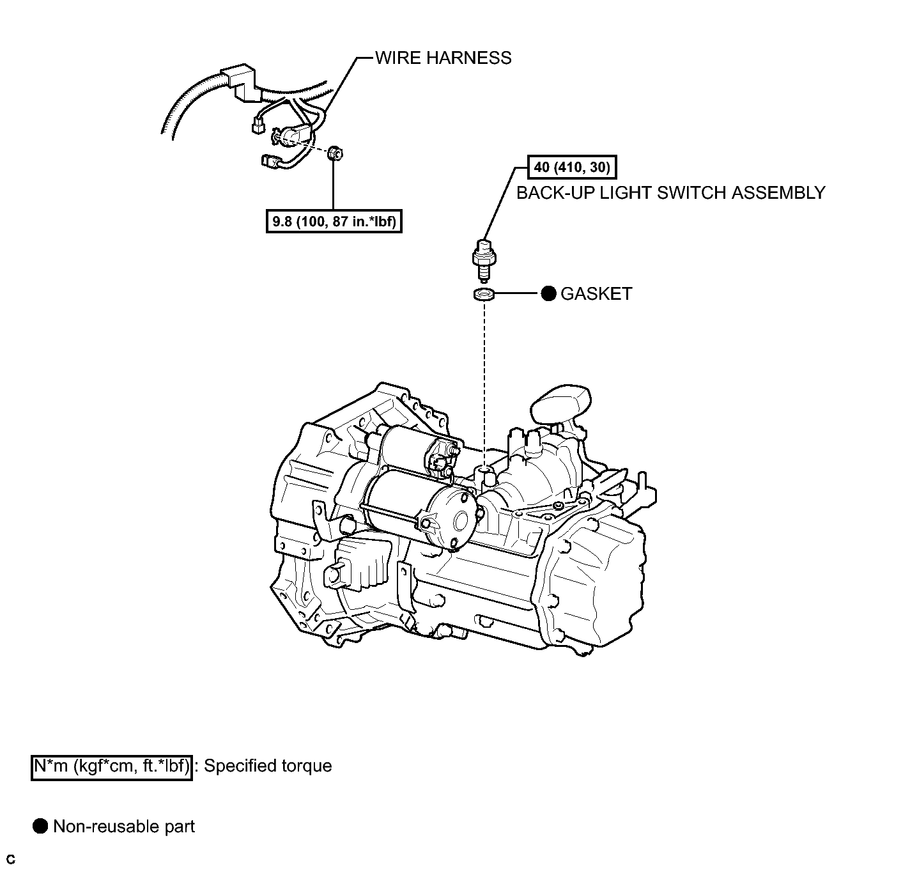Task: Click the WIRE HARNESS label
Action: coord(443,58)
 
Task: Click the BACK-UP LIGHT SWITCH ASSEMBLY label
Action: coord(670,192)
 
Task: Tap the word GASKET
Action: coord(596,294)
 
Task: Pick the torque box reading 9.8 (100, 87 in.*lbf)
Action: coord(334,222)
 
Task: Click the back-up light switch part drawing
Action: coord(484,259)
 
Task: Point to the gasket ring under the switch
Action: coord(484,295)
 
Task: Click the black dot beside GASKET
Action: coord(548,294)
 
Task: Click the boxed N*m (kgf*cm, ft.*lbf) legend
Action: coord(112,766)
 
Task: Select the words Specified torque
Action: coord(268,766)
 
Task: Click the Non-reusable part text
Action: coord(124,827)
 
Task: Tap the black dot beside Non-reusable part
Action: coord(40,827)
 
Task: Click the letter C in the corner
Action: coord(10,859)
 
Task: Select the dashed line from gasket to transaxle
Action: coord(484,384)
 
